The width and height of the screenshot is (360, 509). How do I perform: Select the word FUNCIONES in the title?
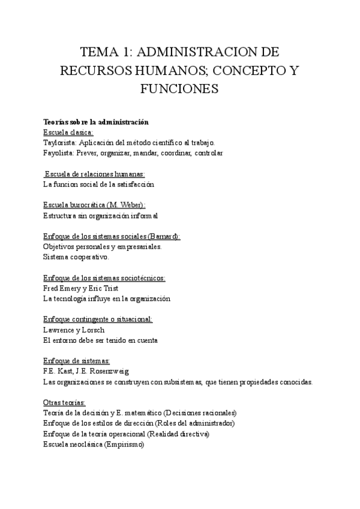[x=179, y=89]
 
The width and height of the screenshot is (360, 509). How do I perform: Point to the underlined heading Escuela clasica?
[x=68, y=133]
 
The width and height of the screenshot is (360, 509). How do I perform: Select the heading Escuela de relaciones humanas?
[x=91, y=174]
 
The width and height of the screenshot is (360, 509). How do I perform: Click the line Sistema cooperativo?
[x=76, y=257]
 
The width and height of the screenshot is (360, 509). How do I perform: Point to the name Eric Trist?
[x=105, y=288]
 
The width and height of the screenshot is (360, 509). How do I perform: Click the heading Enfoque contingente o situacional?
[x=98, y=319]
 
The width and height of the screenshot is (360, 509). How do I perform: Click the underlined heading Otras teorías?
[x=65, y=402]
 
